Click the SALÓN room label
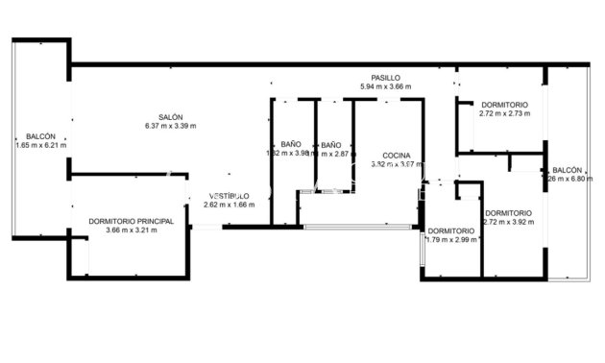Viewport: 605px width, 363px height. pos(170,116)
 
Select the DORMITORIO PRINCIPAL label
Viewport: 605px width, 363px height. pos(131,221)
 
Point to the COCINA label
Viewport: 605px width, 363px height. pos(397,155)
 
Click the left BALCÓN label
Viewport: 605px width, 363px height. pos(41,136)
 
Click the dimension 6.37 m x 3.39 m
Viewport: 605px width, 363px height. pos(170,126)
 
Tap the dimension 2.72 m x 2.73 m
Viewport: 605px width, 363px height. pos(505,113)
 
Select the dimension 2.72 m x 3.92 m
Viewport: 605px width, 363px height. pos(508,222)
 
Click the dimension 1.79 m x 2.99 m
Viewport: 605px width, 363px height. pos(451,240)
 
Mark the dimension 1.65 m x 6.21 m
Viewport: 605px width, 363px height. pos(41,146)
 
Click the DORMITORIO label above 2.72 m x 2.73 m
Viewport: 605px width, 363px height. pos(505,104)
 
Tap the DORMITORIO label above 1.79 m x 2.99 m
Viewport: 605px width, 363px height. pos(451,230)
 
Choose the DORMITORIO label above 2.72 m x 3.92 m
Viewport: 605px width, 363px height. pos(508,212)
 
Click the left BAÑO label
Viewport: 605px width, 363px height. pos(291,144)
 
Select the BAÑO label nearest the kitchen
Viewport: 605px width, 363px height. pos(331,144)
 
